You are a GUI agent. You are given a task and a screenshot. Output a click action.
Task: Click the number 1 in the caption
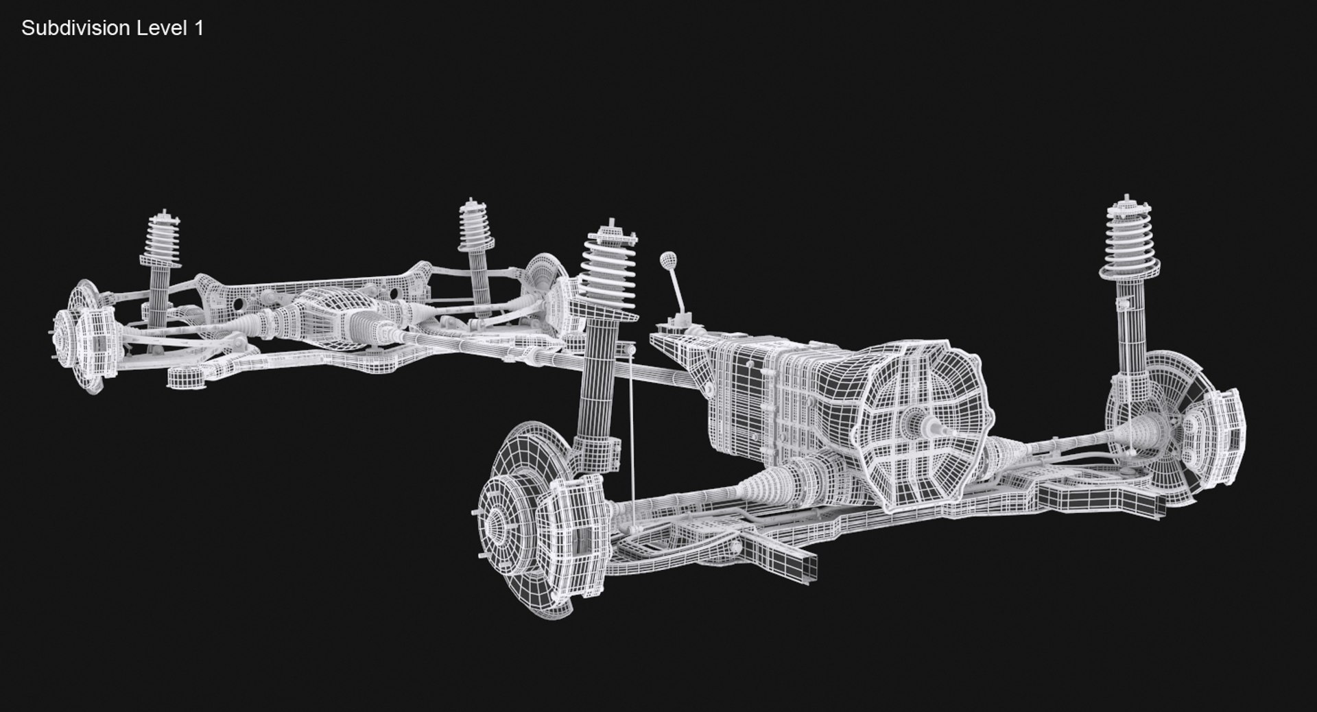click(199, 29)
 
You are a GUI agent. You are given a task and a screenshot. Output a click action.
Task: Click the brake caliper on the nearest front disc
click(573, 521)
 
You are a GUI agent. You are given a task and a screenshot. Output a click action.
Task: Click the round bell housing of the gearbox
click(923, 425)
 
